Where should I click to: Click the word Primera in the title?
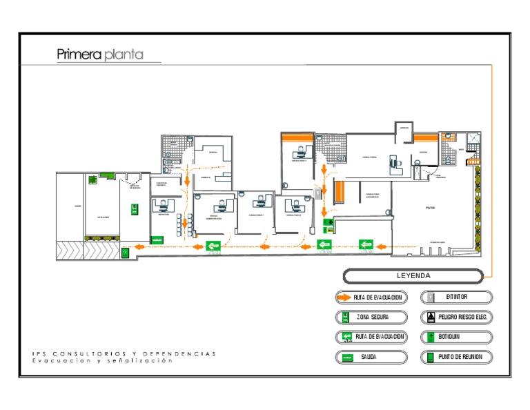79,55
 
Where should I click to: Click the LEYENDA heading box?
413,276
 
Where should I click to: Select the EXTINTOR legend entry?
456,297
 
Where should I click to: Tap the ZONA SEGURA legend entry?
371,318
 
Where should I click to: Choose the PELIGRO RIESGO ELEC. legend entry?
456,318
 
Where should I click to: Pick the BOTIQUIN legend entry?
456,338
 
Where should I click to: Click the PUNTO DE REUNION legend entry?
456,358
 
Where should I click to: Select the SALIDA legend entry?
371,358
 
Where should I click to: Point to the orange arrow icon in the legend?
344,297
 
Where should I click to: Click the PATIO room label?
430,207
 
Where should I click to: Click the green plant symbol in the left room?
92,179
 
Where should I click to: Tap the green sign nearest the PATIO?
365,244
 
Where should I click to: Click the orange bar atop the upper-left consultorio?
297,136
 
